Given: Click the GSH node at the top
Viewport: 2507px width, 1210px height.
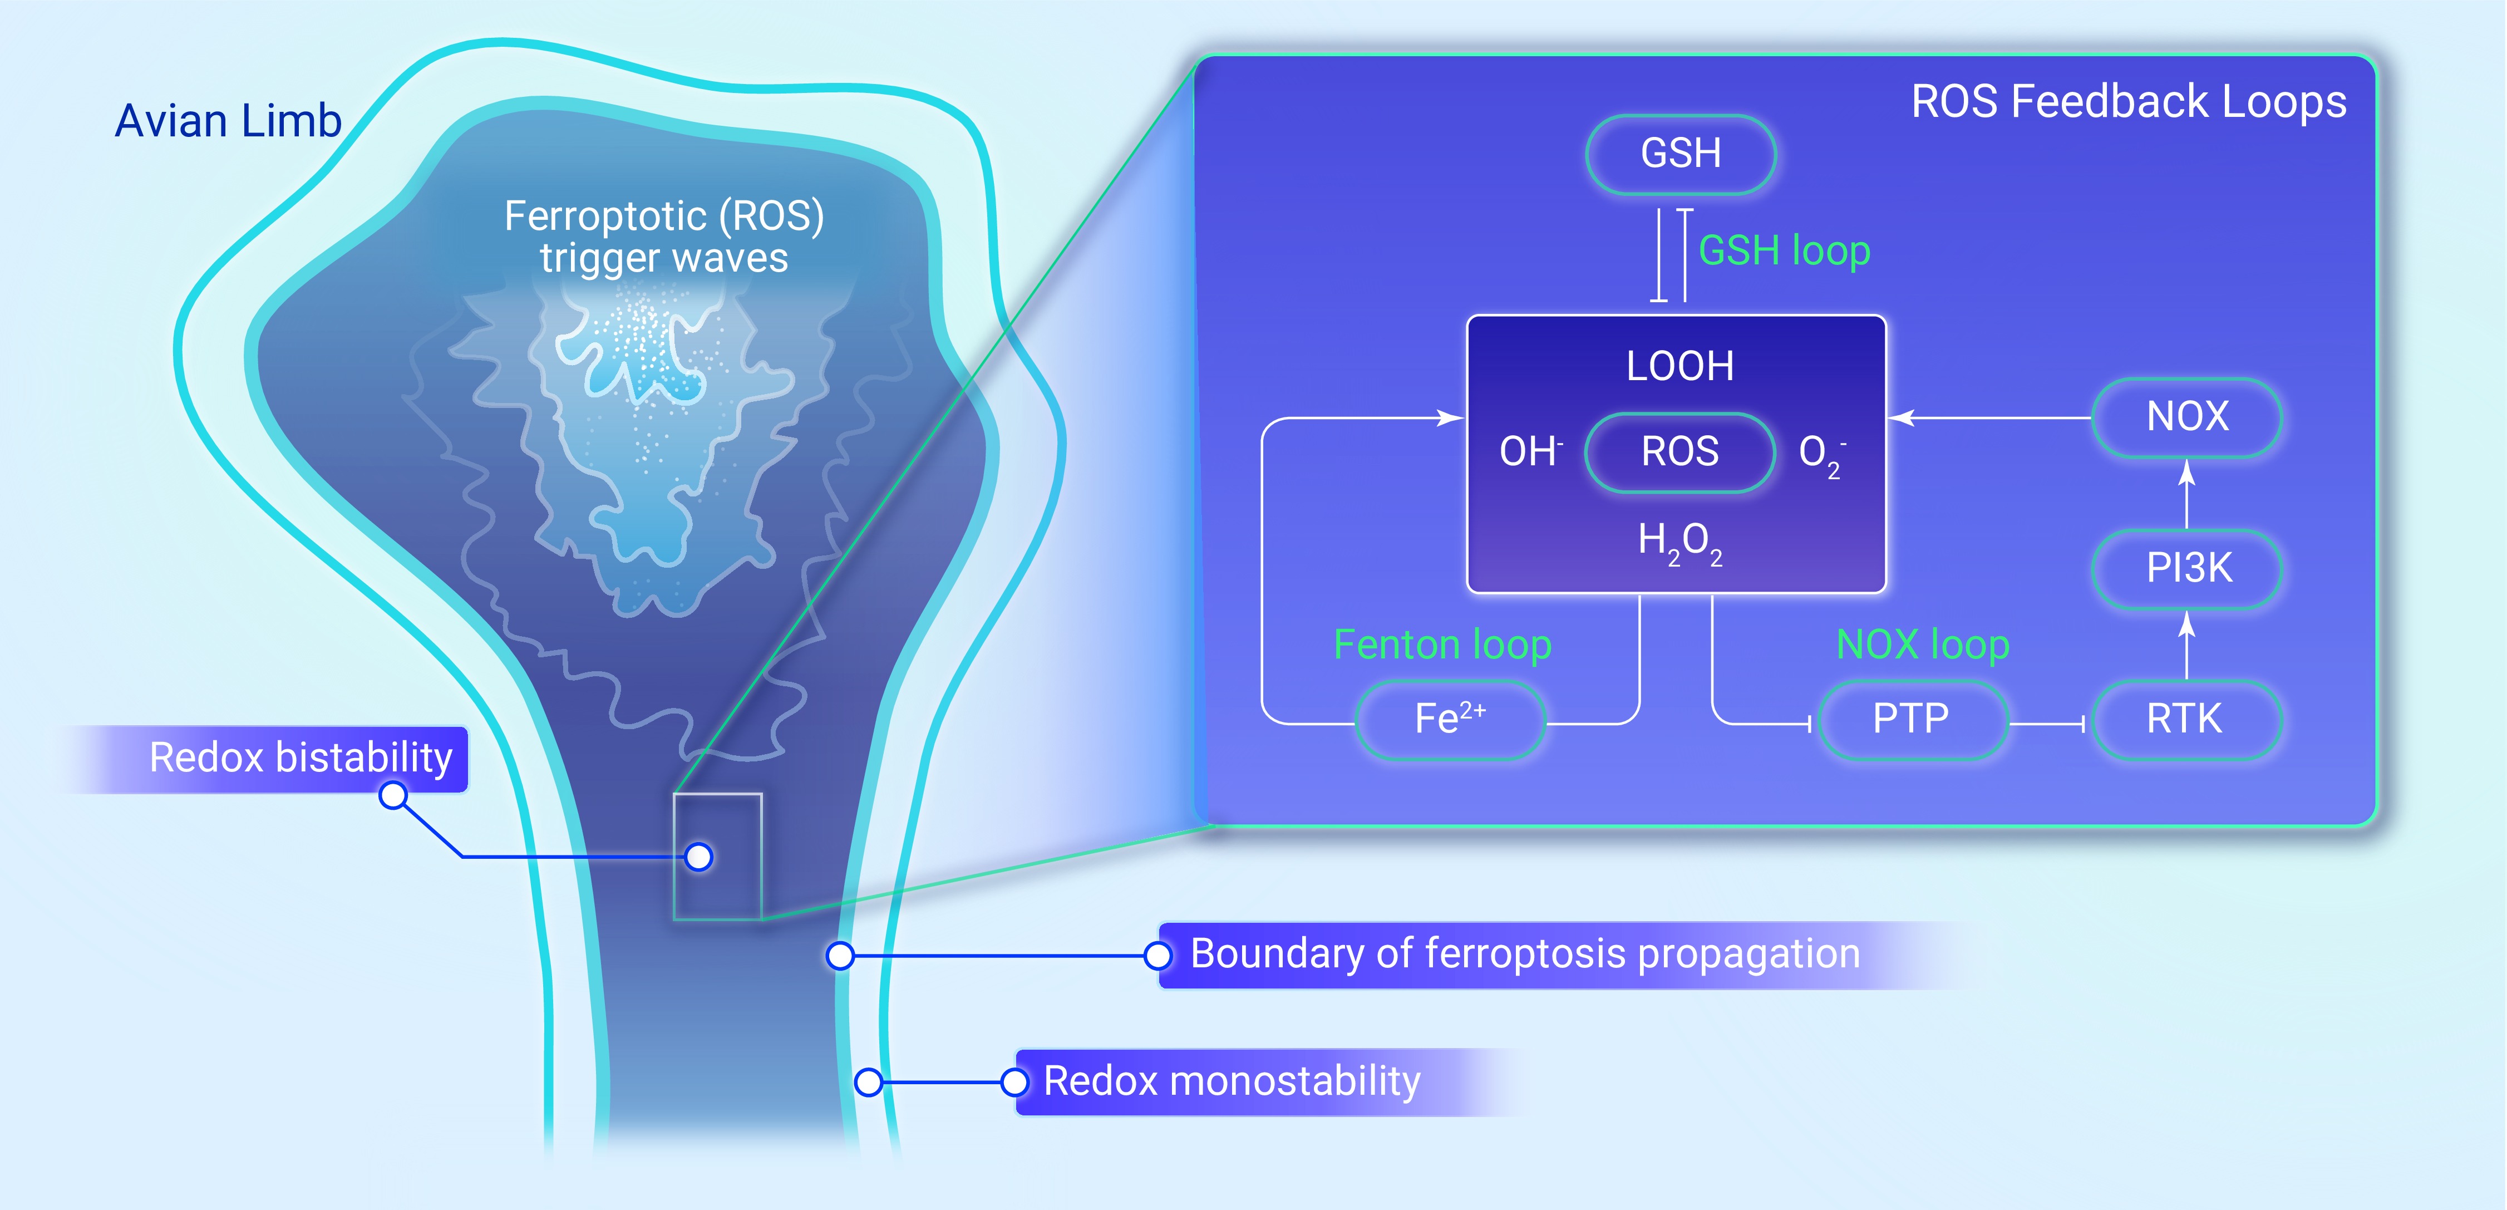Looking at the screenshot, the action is tap(1681, 154).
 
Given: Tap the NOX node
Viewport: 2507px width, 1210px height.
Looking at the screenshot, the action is tap(2187, 417).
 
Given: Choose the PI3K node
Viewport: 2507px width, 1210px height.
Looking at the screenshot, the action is tap(2187, 568).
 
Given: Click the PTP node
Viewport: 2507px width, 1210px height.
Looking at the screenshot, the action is tap(1912, 720).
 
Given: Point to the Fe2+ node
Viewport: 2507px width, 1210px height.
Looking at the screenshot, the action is tap(1450, 720).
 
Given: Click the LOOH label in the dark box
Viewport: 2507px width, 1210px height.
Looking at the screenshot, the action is tap(1679, 366).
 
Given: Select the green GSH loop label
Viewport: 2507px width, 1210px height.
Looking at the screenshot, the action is tap(1784, 251).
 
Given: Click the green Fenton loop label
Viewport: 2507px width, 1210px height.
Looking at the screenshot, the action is tap(1442, 645).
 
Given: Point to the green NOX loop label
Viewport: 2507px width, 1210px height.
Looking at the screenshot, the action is tap(1922, 645).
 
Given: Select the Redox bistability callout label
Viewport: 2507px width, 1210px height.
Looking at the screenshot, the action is tap(301, 758).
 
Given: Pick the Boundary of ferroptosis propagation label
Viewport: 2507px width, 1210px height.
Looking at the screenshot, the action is tap(1525, 954).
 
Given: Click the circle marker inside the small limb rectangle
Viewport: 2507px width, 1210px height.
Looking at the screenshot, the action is tap(699, 857).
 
